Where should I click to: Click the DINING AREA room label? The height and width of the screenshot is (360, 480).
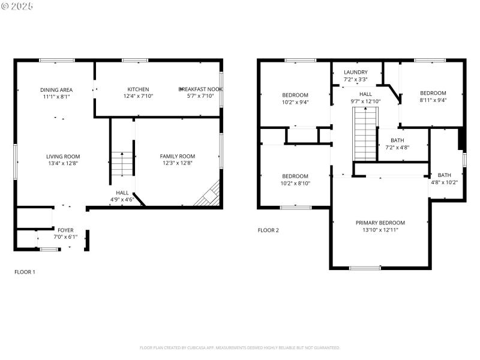point(56,89)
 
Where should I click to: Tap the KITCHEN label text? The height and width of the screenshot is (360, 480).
point(138,89)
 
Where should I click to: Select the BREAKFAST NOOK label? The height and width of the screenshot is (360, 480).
point(200,89)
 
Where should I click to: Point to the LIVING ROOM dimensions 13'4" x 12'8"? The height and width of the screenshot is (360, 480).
point(63,163)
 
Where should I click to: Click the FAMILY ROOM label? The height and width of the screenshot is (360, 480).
point(177,156)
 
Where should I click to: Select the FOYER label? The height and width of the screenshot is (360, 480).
point(65,230)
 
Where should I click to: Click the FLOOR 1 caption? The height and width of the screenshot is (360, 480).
point(25,272)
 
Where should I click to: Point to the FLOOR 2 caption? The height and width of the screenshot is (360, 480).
point(268,230)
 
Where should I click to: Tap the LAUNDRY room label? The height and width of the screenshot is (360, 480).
point(355,72)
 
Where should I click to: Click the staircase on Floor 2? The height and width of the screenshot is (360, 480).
point(365,136)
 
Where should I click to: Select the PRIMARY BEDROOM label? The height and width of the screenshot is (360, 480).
point(380,222)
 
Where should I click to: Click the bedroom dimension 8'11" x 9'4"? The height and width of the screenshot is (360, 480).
point(433,101)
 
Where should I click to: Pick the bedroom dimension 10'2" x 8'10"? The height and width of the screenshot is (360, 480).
point(295,184)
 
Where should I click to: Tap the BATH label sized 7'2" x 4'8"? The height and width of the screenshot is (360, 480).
point(397,140)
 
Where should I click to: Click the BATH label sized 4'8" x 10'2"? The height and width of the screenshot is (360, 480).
point(444,175)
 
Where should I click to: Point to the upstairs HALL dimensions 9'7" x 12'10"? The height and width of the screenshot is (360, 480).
point(365,101)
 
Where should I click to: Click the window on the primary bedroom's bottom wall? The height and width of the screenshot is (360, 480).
point(365,268)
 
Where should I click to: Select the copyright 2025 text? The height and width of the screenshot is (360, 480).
point(17,5)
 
